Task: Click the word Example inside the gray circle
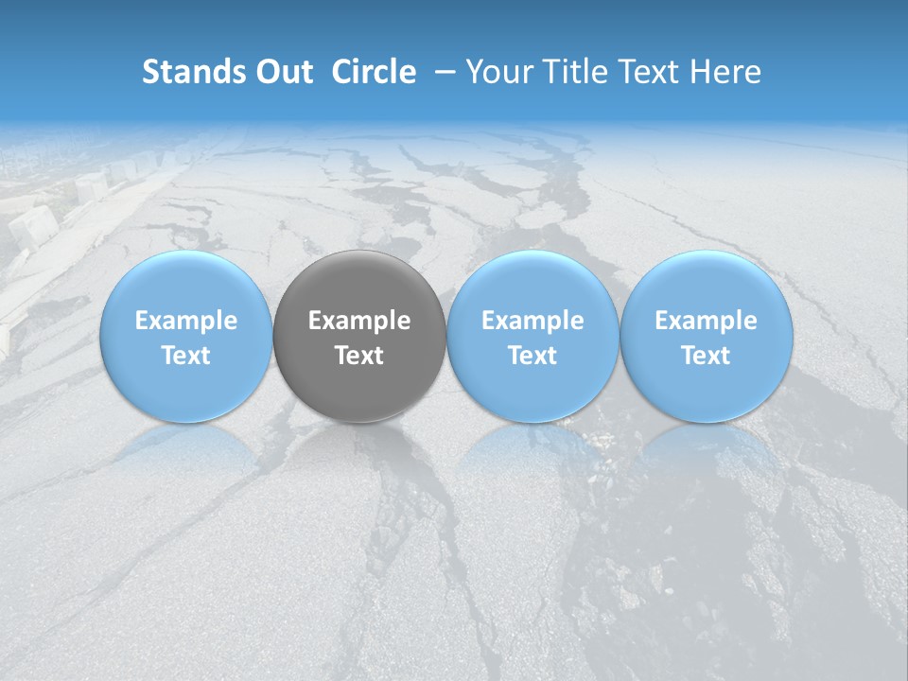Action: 359,321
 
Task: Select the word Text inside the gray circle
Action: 359,356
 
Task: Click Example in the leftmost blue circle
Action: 186,321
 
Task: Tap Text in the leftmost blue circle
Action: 186,356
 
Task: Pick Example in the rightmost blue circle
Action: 707,321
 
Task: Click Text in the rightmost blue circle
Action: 707,356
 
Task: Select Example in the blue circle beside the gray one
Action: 533,321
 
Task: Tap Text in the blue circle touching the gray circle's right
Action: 533,356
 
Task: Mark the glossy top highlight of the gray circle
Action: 359,270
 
